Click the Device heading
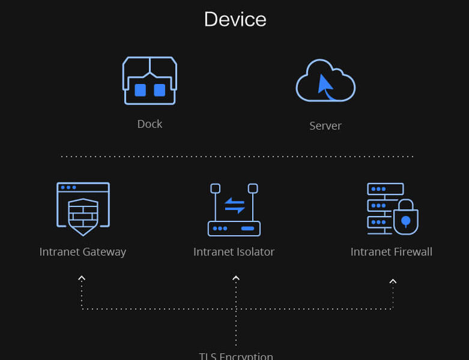coord(235,19)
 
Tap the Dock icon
coord(150,81)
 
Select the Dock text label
coord(150,124)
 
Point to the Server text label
coord(325,126)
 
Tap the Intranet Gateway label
coord(83,252)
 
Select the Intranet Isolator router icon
coord(234,210)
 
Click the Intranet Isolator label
coord(234,252)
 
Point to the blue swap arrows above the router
coord(234,205)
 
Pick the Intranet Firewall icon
coord(392,209)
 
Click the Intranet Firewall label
coord(392,252)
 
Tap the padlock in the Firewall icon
coord(405,218)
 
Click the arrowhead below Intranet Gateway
coord(82,278)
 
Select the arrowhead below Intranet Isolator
coord(236,278)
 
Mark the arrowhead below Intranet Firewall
coord(393,281)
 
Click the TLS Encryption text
coord(236,356)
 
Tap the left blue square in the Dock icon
coord(140,90)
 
